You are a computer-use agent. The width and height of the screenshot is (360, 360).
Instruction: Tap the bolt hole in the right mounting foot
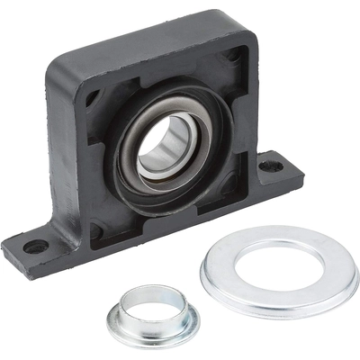pyautogui.click(x=268, y=166)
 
